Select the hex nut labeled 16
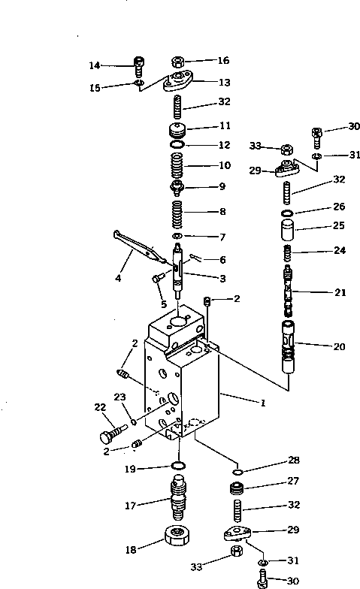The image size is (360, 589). coord(178,62)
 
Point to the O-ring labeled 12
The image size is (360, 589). coord(177,144)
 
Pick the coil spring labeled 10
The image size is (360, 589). coord(177,163)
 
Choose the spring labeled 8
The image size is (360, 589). coord(177,212)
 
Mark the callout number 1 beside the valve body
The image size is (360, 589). coord(262,403)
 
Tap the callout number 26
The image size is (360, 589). coord(319,205)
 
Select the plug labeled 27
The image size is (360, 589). coord(238,490)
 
